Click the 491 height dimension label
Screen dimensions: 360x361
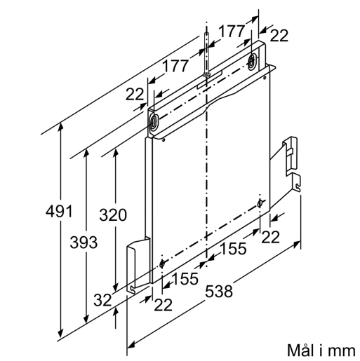tap(59, 211)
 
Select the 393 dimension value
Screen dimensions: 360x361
tap(84, 242)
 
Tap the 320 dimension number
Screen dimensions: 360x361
tap(113, 215)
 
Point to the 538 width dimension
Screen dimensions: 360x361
tap(219, 292)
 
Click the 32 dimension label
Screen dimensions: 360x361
tap(102, 300)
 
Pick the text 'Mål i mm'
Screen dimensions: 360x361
tap(321, 350)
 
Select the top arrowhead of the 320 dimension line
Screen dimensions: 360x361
tap(115, 153)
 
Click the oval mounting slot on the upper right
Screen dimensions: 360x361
tap(252, 61)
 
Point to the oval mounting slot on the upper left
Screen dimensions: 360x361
tap(153, 122)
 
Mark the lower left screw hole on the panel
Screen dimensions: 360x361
tap(162, 264)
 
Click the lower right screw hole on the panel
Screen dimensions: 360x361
tap(260, 203)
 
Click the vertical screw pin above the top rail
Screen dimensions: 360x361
tap(206, 54)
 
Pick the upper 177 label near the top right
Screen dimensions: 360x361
tap(232, 31)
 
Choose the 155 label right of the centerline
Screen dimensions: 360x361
tap(234, 248)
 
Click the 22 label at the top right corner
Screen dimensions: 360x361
tap(279, 36)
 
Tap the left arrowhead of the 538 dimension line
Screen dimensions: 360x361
tap(131, 344)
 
